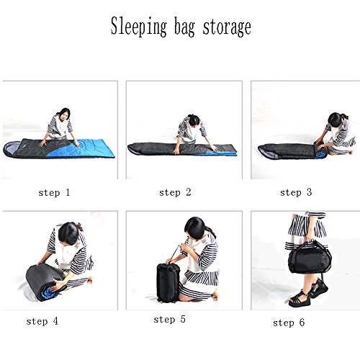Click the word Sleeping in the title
coord(138,27)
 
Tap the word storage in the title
coord(227,28)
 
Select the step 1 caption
coord(54,192)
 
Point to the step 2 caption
coord(175,192)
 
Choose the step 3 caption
coord(296,192)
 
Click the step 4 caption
coord(42,321)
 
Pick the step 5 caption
coord(170,320)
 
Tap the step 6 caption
coord(289,323)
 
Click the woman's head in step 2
coord(194,120)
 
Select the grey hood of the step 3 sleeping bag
coord(269,152)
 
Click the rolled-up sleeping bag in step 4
coord(45,282)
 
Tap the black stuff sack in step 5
coord(168,282)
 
